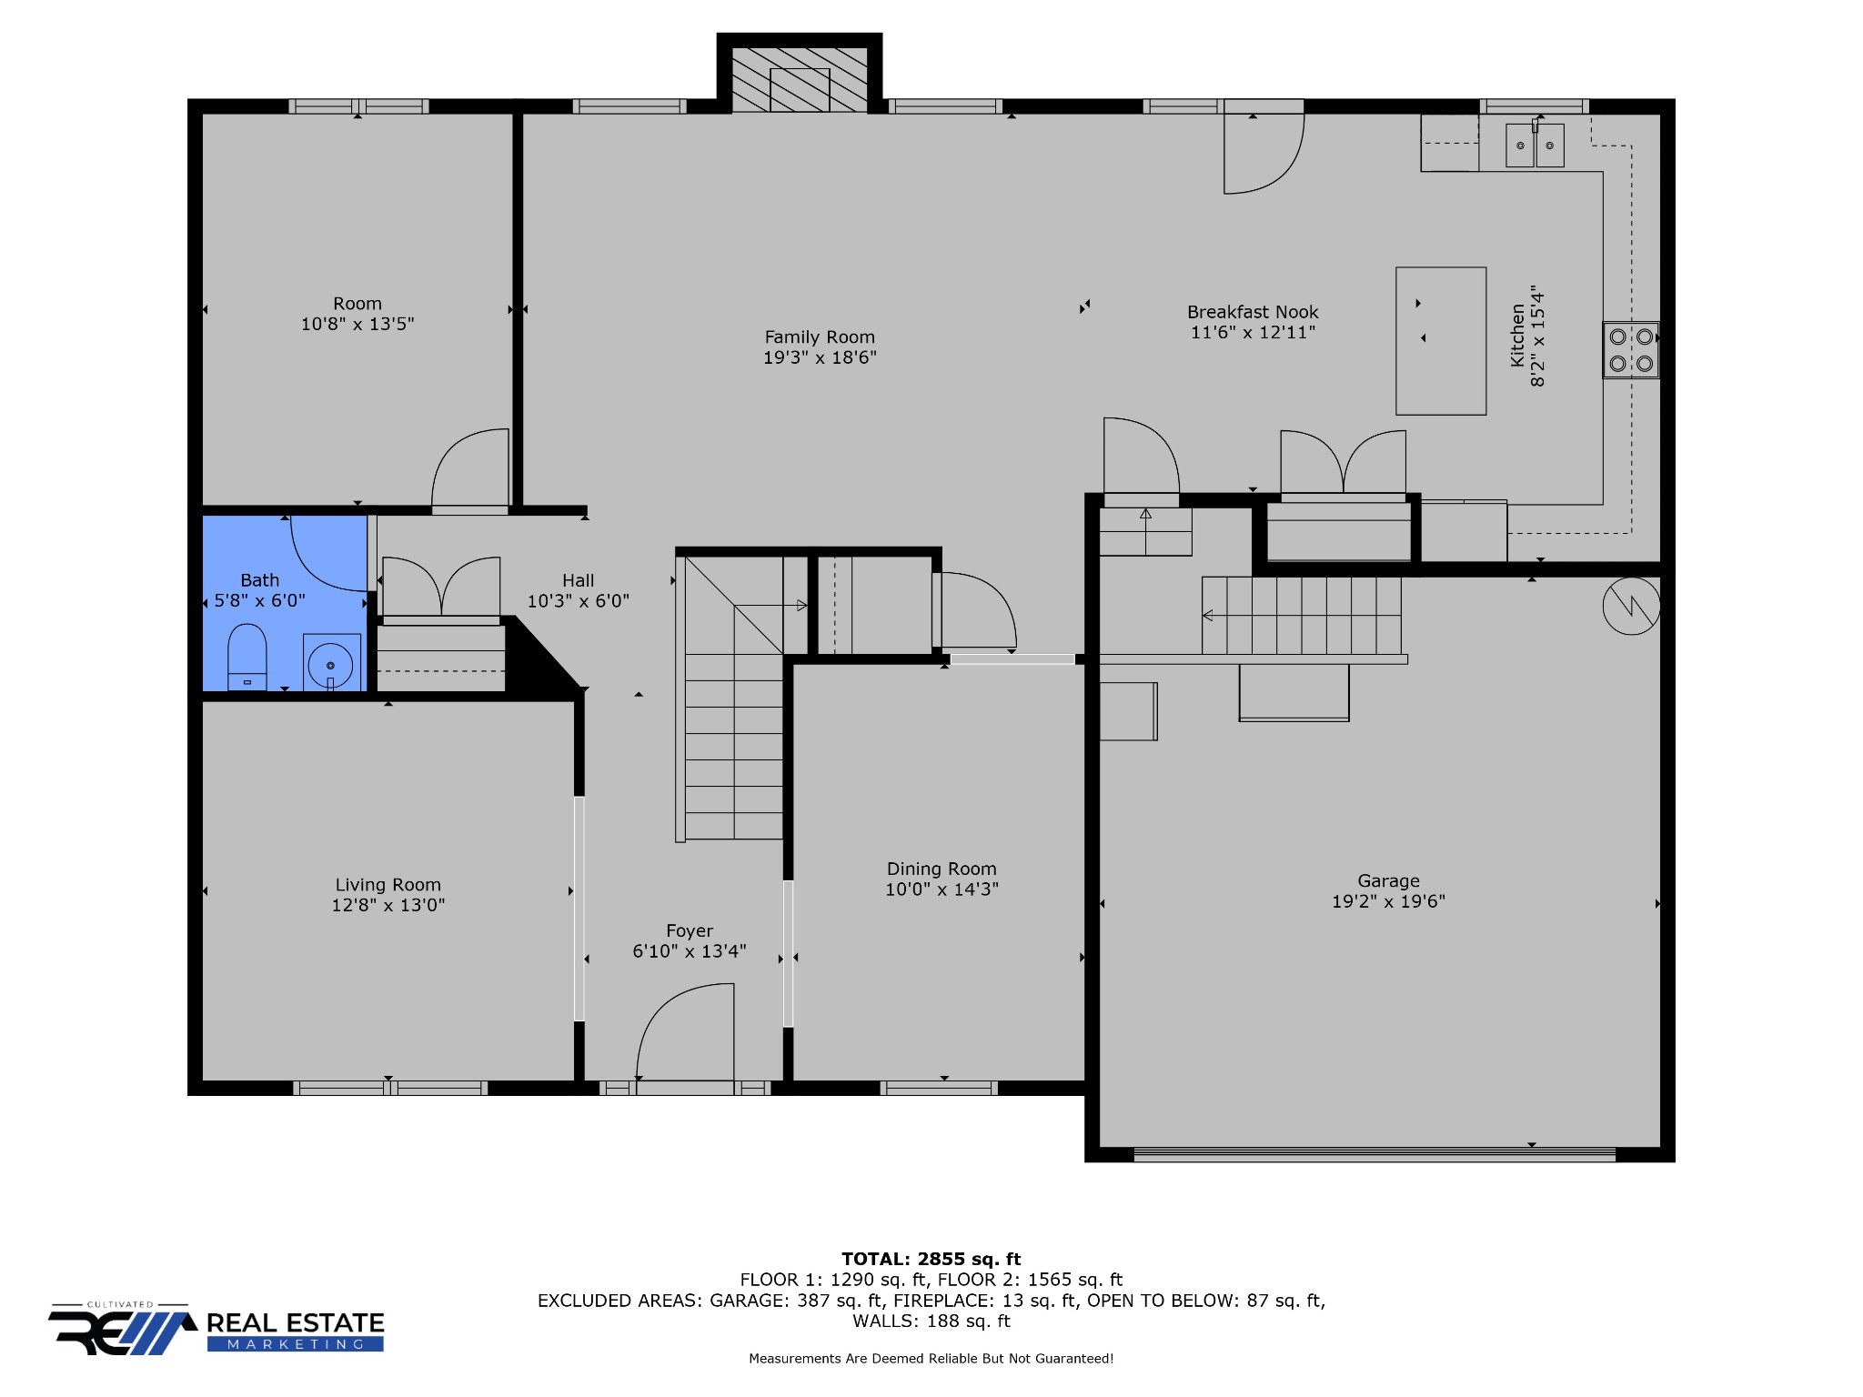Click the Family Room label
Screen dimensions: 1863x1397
coord(820,337)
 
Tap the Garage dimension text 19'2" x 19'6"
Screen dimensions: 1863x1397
coord(1388,901)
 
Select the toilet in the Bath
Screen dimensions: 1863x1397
coord(247,657)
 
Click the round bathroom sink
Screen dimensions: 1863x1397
coord(331,663)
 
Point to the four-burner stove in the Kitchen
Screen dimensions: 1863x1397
coord(1631,350)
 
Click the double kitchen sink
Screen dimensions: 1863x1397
coord(1535,145)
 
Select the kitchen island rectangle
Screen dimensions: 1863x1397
coord(1441,341)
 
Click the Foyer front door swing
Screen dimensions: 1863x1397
coord(685,1031)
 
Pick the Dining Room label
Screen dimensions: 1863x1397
coord(942,869)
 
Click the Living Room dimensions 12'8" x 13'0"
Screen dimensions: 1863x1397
coord(388,905)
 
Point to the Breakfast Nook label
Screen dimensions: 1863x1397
coord(1253,312)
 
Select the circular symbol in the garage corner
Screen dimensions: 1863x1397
coord(1632,606)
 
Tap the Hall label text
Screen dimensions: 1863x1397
coord(578,580)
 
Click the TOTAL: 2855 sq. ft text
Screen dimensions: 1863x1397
coord(931,1259)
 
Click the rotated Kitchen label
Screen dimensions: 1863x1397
coord(1517,336)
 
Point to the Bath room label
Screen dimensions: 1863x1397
coord(259,580)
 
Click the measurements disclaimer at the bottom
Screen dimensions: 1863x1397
coord(931,1359)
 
